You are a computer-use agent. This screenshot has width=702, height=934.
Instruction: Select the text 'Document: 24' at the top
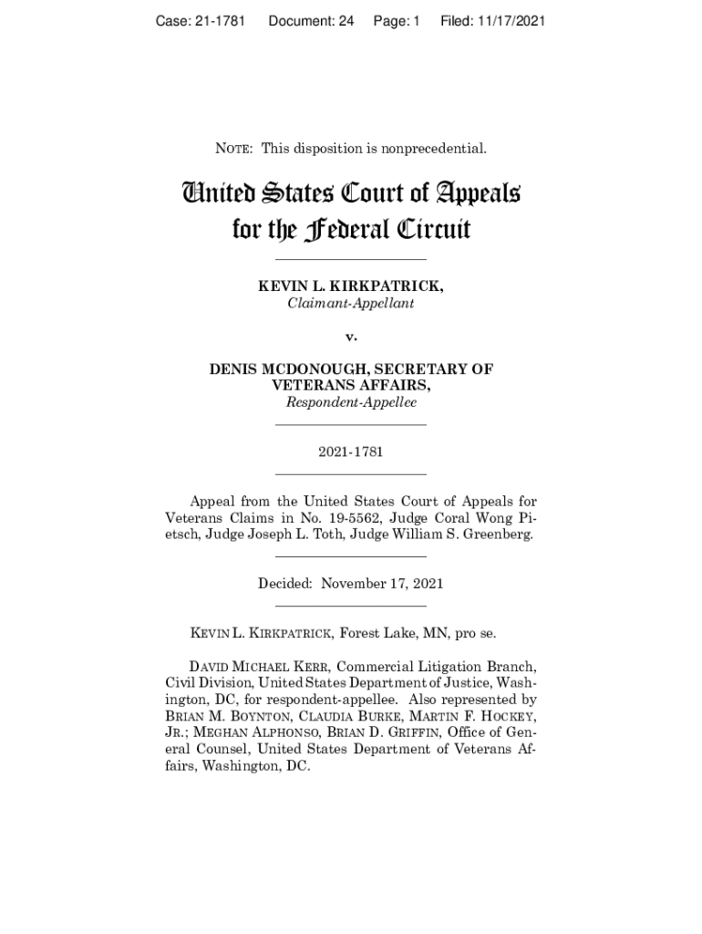(x=311, y=20)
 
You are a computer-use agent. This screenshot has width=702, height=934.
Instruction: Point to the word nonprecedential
(x=438, y=148)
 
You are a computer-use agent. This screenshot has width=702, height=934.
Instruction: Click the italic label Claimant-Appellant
(x=350, y=303)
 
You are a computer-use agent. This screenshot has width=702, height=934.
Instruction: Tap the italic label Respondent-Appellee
(x=350, y=402)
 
